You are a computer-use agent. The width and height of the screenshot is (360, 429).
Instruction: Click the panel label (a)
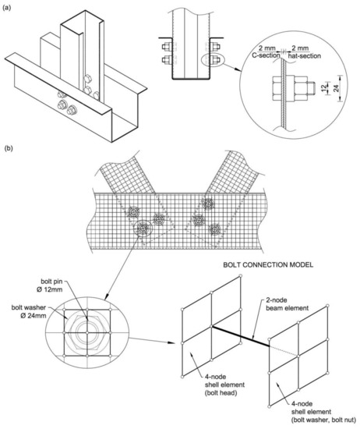6,8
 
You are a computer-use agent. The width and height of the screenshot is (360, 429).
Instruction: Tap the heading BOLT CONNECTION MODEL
268,265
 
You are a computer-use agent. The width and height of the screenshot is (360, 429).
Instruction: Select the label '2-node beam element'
287,304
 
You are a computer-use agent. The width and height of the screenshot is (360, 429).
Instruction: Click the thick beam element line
241,336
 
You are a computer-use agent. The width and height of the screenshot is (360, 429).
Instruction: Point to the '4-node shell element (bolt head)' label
224,385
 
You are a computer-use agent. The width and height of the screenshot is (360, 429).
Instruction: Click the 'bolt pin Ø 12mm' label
51,285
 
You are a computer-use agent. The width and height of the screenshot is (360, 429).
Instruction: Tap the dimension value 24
336,88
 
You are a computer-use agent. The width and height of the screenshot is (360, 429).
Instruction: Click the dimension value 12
323,88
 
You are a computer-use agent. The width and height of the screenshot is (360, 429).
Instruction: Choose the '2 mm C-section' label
266,52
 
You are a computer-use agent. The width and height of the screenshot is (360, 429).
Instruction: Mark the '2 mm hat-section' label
304,52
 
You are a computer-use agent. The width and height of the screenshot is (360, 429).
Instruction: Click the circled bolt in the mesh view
143,228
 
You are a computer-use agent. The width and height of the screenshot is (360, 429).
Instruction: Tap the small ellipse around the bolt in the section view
213,60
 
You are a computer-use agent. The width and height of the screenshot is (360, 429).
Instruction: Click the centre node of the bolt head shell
212,326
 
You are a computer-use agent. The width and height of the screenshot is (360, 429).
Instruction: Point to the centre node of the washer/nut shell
298,356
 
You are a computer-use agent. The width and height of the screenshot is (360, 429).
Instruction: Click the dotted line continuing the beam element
284,351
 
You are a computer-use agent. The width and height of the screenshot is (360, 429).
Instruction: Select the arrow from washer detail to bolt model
152,341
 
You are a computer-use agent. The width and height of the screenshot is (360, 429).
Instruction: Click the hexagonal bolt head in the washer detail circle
87,332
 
